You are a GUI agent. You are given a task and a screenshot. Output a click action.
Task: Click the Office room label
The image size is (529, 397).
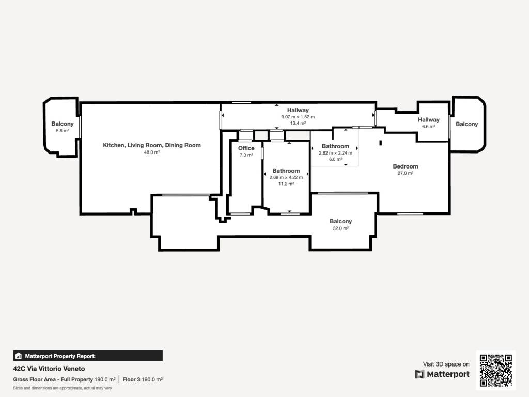pos(246,148)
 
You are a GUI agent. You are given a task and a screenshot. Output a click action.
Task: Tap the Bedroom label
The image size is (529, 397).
pos(405,166)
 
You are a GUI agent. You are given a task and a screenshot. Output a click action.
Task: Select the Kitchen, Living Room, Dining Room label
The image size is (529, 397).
pos(152,145)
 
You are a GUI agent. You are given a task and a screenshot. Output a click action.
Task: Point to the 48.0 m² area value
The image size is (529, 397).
pos(152,152)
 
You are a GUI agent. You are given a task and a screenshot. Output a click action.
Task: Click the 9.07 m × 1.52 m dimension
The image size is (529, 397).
pos(298,117)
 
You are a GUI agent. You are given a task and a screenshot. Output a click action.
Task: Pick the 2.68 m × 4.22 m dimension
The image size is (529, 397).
pos(286,177)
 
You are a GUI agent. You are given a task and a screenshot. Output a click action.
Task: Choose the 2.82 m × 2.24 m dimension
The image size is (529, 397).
pos(335,153)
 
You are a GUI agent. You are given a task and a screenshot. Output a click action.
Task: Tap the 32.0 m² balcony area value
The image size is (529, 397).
pos(341,228)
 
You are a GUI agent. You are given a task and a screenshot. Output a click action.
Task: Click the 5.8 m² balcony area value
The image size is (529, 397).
pos(63,131)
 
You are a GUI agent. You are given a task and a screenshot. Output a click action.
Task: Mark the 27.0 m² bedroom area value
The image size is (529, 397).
pos(405,173)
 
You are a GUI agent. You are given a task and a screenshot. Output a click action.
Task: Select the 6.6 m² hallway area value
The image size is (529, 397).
pos(428,127)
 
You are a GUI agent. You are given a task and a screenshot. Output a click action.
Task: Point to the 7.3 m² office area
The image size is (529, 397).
pos(246,155)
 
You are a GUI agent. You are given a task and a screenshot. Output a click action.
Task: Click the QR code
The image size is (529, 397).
pos(495,370)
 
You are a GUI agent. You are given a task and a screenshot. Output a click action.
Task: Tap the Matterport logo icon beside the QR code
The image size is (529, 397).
pos(419,374)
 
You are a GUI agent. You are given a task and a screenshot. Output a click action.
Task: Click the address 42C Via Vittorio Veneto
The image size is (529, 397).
pos(49,369)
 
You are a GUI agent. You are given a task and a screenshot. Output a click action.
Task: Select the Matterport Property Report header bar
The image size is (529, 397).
pos(88,356)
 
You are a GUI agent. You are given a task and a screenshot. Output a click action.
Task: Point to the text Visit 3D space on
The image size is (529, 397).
pos(446,364)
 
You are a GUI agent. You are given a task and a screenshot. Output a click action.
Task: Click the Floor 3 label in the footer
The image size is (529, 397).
pos(131,379)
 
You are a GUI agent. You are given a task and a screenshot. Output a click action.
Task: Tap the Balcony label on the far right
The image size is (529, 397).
pos(466,124)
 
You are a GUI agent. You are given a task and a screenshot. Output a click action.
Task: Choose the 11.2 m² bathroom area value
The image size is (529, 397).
pos(286,184)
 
